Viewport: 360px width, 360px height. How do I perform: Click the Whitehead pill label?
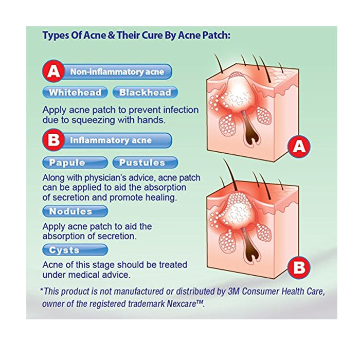pyautogui.click(x=75, y=92)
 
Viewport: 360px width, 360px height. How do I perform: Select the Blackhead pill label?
pyautogui.click(x=145, y=92)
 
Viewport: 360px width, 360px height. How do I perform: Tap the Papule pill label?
pyautogui.click(x=75, y=163)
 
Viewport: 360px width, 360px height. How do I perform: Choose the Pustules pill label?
pyautogui.click(x=145, y=163)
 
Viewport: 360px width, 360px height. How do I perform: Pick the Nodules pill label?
pyautogui.click(x=75, y=211)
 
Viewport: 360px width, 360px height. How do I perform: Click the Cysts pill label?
pyautogui.click(x=75, y=250)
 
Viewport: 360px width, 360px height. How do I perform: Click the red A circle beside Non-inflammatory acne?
pyautogui.click(x=53, y=71)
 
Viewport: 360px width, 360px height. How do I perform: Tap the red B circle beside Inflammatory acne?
pyautogui.click(x=53, y=140)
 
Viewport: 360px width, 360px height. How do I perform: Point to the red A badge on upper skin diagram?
pyautogui.click(x=299, y=146)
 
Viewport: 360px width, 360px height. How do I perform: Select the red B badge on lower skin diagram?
pyautogui.click(x=299, y=267)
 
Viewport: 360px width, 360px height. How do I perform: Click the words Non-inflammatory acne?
pyautogui.click(x=117, y=71)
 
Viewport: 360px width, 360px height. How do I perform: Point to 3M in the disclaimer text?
pyautogui.click(x=233, y=292)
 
